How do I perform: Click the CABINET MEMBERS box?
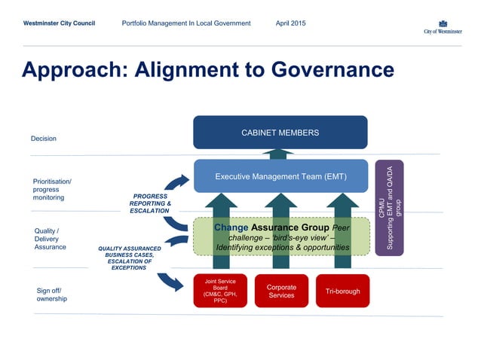[x=280, y=133]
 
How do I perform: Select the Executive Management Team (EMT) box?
[x=280, y=177]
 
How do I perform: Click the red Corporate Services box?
[x=281, y=291]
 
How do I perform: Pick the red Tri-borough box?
[x=342, y=291]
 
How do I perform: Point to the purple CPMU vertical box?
[x=389, y=207]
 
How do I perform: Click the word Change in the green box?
[x=231, y=227]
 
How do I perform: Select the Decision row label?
[x=44, y=139]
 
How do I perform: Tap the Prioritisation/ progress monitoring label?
[x=52, y=189]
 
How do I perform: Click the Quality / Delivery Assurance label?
[x=51, y=239]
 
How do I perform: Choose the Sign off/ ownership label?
[x=52, y=294]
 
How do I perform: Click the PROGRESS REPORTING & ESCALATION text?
[x=150, y=203]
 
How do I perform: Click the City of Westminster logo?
[x=443, y=26]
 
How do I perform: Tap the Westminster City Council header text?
[x=59, y=23]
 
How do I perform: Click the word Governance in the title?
[x=326, y=70]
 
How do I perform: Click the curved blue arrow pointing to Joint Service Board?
[x=171, y=281]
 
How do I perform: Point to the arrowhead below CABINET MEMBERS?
[x=280, y=153]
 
